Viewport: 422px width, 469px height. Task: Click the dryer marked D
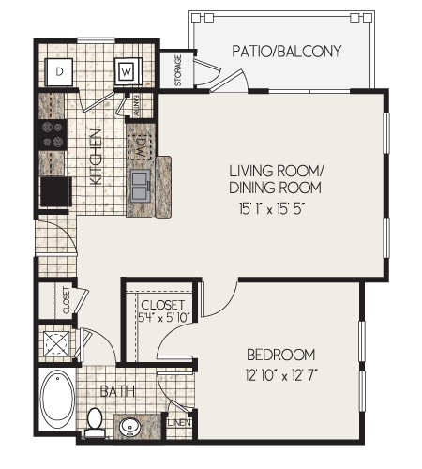coord(60,70)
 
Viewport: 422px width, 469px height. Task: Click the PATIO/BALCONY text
coord(286,52)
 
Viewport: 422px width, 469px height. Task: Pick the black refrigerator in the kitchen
coord(54,190)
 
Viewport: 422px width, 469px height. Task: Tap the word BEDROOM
coord(280,355)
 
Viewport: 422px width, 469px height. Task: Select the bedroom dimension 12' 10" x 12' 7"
coord(280,375)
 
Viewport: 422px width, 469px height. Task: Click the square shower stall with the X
coord(58,344)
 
